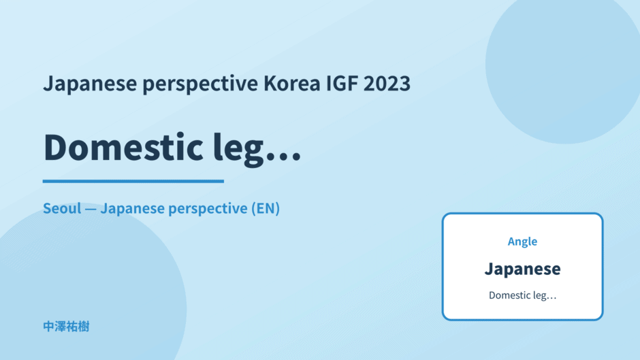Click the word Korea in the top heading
292,83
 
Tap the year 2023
387,83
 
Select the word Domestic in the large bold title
123,146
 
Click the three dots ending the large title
283,157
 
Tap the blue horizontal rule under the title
133,181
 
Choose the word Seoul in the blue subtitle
62,208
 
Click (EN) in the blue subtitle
266,208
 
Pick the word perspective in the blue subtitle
208,209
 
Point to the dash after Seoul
91,209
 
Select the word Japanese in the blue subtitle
132,209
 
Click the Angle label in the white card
522,242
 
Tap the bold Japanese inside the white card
522,269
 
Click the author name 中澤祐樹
66,327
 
